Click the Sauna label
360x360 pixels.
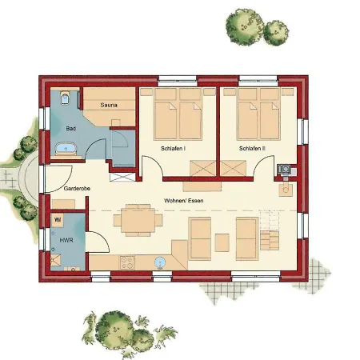click(110, 104)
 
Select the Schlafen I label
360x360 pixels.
click(174, 150)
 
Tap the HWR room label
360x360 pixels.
click(66, 240)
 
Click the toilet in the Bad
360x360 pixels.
click(65, 99)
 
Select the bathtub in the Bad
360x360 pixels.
click(64, 149)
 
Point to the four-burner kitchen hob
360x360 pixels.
click(126, 261)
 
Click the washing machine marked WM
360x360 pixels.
click(58, 218)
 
